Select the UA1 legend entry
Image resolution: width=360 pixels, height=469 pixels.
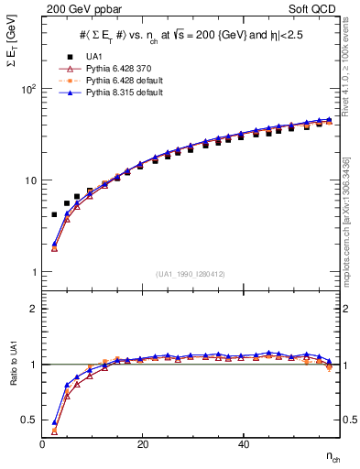coord(93,57)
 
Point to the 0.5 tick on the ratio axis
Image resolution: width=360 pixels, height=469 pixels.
coord(31,420)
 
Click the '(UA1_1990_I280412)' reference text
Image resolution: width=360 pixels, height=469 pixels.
coord(190,275)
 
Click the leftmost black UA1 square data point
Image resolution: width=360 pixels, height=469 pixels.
coord(55,214)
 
